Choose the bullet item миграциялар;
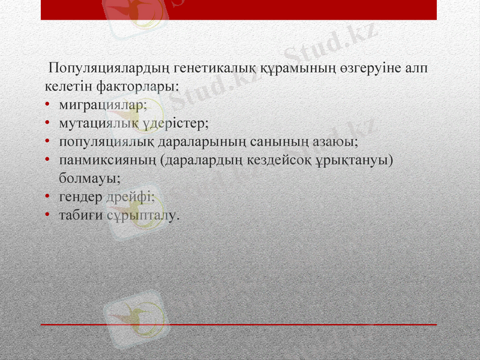(x=103, y=104)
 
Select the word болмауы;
(x=89, y=178)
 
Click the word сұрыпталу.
(x=143, y=215)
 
